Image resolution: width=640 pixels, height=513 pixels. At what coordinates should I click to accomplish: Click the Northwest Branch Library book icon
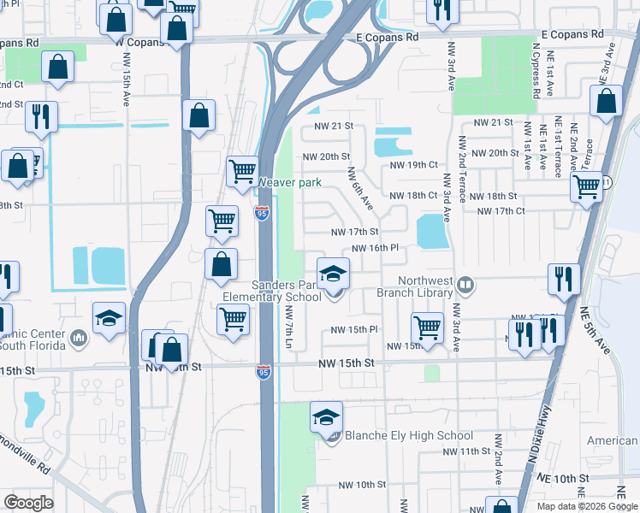(x=465, y=284)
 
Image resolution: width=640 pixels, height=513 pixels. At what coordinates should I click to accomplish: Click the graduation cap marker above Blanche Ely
(x=326, y=418)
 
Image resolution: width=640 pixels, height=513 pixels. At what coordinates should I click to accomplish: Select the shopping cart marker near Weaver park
(x=243, y=171)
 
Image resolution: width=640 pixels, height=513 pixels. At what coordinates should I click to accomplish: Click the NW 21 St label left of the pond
(x=334, y=126)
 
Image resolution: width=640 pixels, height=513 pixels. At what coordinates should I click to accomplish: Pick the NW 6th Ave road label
(x=359, y=187)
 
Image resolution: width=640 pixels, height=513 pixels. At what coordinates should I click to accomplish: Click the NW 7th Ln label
(x=290, y=329)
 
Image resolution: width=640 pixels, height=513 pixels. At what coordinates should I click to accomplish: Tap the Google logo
(x=28, y=503)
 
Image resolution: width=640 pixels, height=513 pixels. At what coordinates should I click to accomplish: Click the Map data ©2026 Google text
(x=586, y=506)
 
